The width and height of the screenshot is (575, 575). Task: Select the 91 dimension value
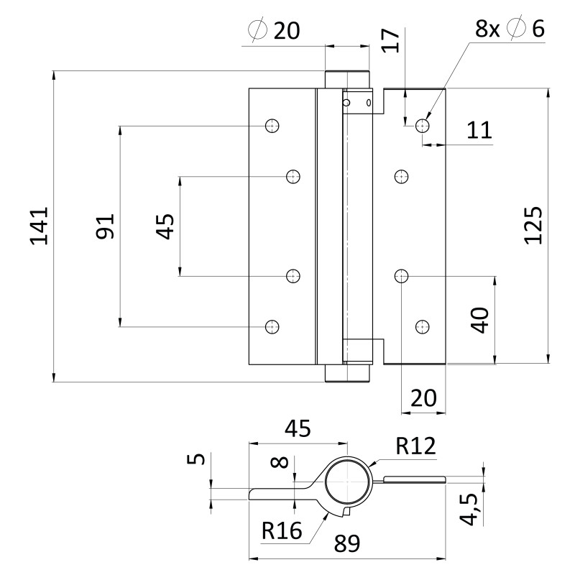[x=105, y=226]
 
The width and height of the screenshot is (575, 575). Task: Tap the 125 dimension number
[x=533, y=226]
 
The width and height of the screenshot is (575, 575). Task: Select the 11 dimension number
[x=478, y=130]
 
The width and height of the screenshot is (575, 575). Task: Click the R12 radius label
[x=415, y=446]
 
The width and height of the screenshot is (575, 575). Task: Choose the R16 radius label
[x=281, y=531]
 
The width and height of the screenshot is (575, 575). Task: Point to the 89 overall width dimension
[x=348, y=543]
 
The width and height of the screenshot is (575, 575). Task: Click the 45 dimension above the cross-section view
[x=297, y=428]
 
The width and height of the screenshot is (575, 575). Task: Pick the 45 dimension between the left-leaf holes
[x=165, y=226]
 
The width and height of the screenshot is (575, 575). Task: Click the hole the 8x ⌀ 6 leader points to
[x=423, y=126]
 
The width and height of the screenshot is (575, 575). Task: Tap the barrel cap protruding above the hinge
[x=347, y=79]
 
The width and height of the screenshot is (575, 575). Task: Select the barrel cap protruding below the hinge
[x=347, y=374]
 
